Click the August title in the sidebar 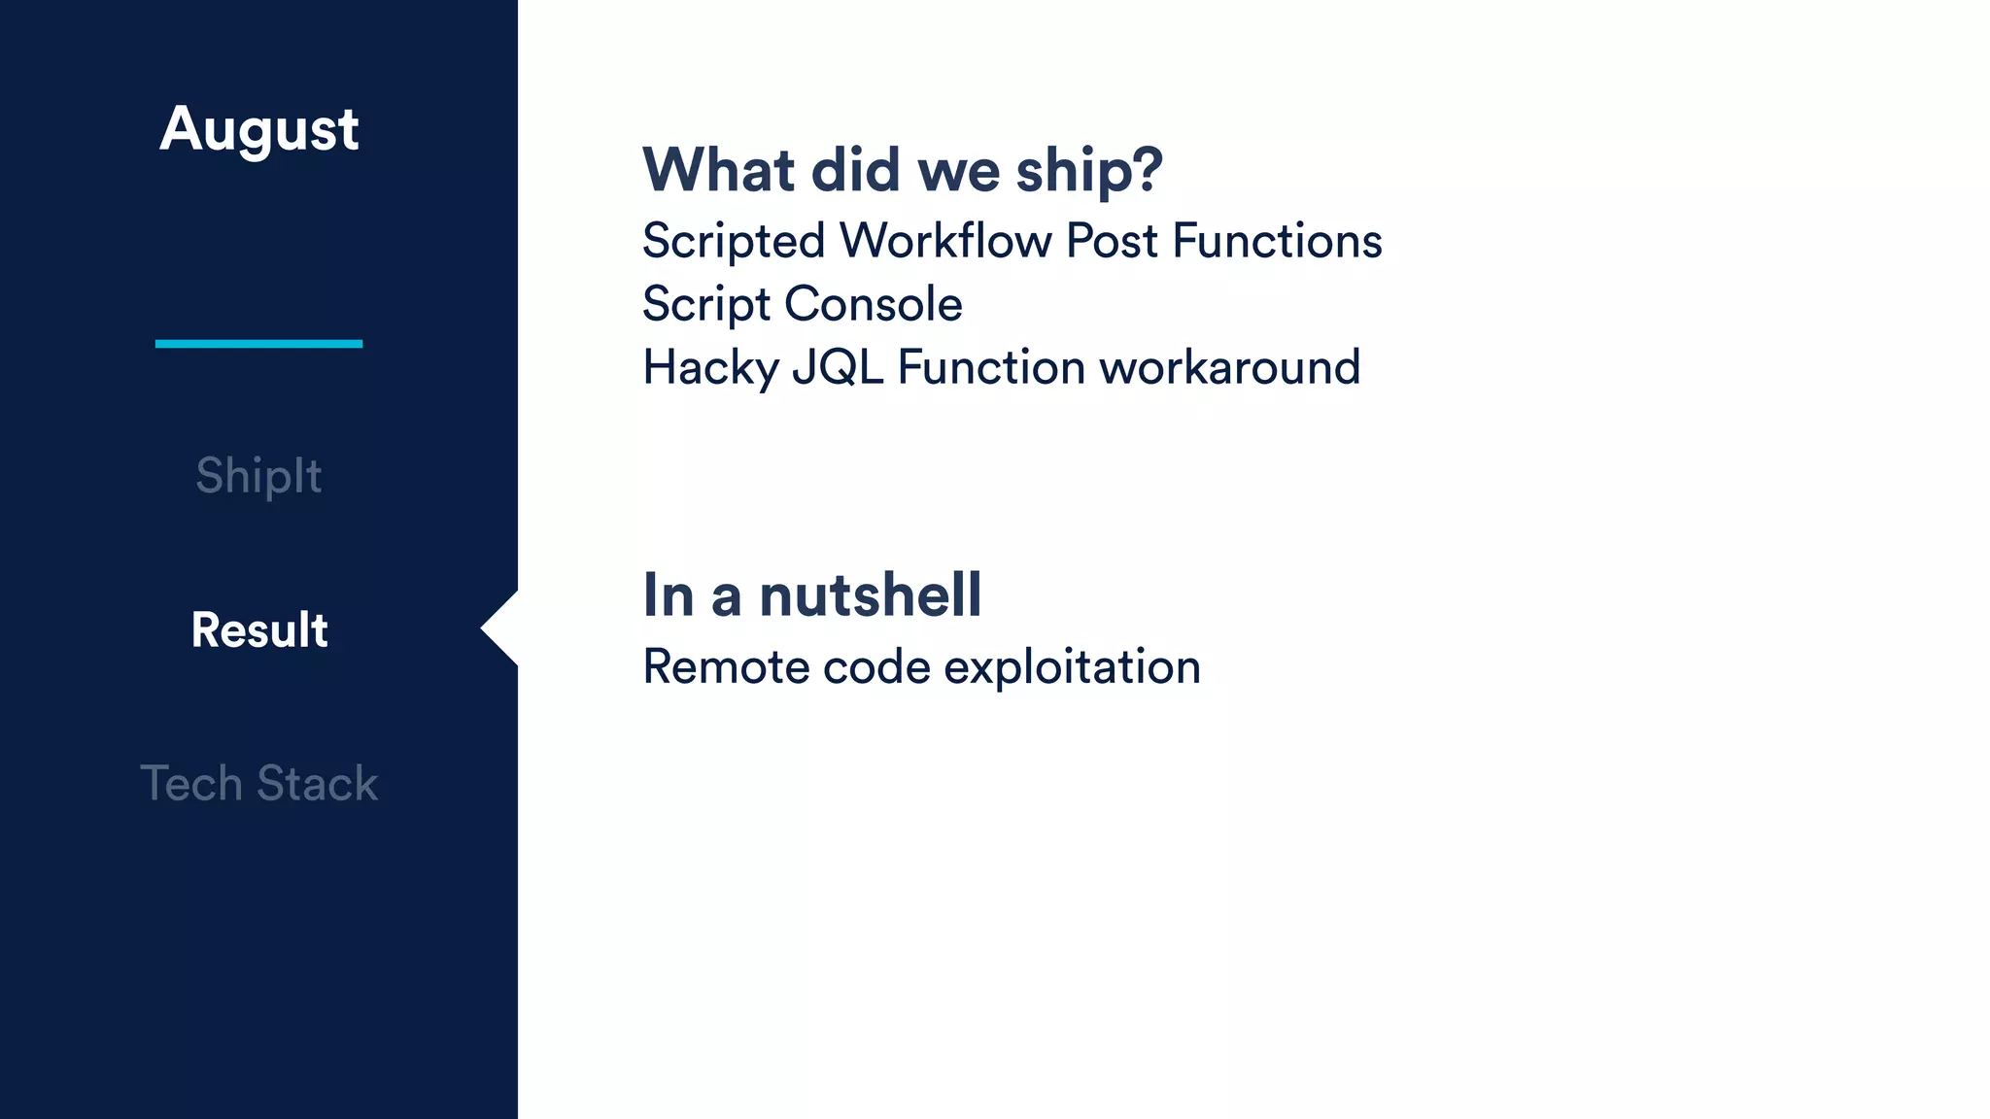click(259, 129)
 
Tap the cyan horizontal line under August click(258, 343)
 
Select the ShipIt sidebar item click(258, 476)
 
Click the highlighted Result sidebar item click(259, 629)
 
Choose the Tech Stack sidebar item click(258, 783)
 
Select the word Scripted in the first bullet click(734, 241)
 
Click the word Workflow click(945, 240)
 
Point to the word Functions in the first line click(1277, 240)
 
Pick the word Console click(874, 304)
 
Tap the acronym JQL click(838, 368)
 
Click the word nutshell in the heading click(870, 594)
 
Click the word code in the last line click(876, 667)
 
